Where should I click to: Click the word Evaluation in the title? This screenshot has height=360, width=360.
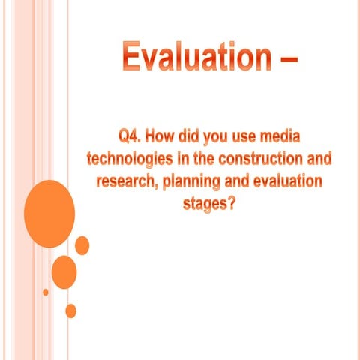[x=188, y=57]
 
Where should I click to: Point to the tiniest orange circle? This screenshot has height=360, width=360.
[x=46, y=291]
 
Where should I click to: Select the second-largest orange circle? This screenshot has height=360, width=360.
[x=64, y=271]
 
